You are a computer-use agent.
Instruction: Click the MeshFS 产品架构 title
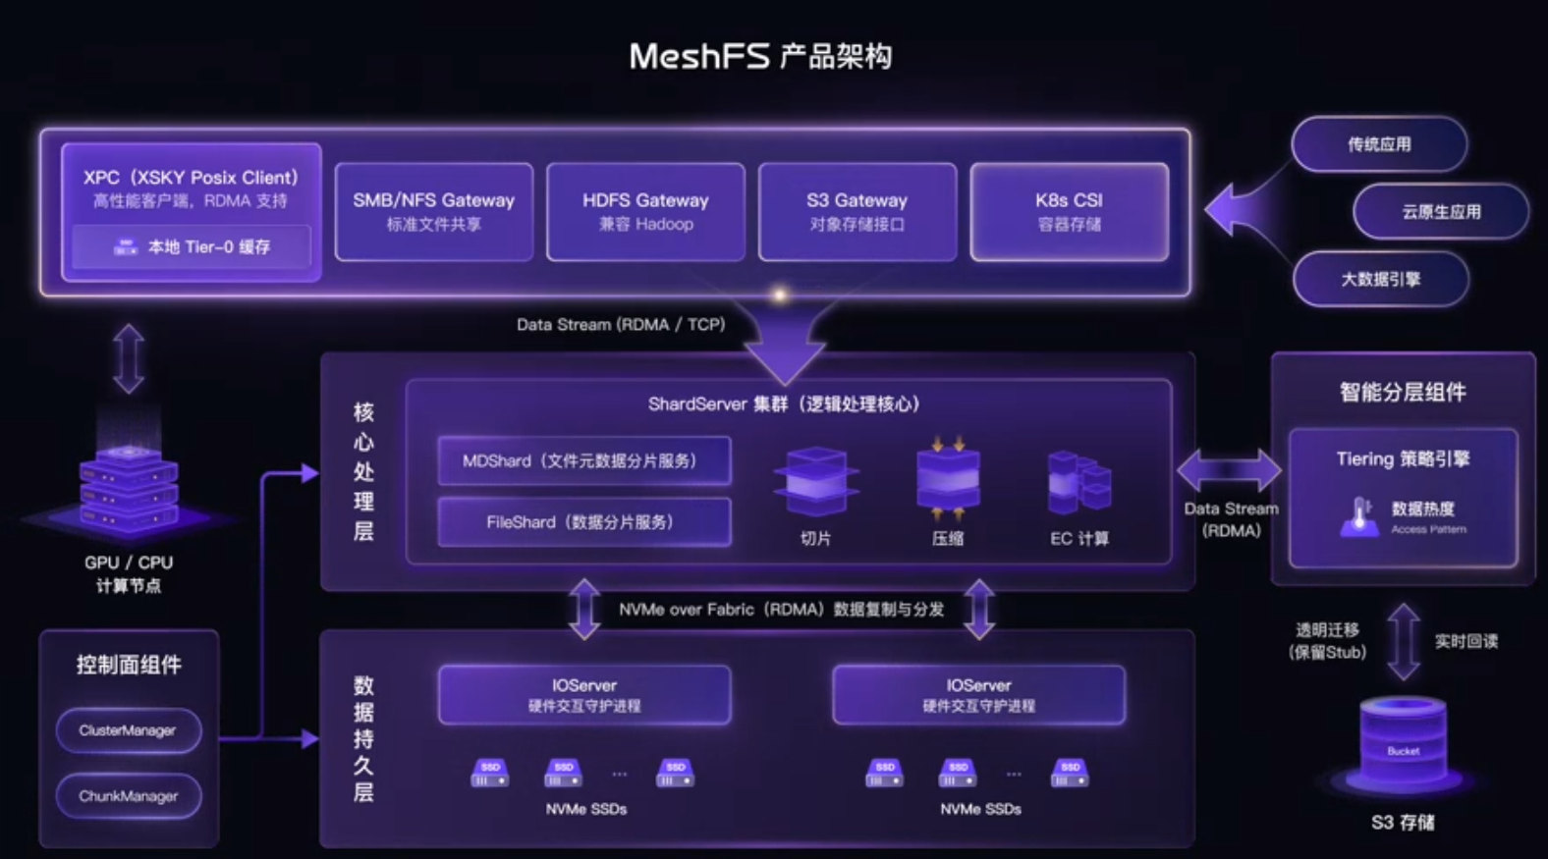(760, 56)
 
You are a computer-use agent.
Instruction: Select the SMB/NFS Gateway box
(433, 211)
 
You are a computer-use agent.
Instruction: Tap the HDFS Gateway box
(645, 211)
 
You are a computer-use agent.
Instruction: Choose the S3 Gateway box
(857, 211)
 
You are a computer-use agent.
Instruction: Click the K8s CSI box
(1069, 211)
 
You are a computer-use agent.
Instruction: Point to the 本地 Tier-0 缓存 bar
(192, 246)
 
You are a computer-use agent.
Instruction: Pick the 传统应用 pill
(1379, 144)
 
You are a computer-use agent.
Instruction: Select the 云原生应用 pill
(1440, 211)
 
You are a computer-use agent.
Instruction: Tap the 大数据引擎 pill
(1380, 279)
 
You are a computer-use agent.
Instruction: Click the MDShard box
(583, 460)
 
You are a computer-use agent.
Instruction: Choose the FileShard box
(583, 522)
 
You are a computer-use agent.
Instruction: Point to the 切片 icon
(815, 481)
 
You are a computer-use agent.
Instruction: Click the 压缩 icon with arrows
(947, 478)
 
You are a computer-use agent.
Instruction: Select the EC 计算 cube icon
(1078, 481)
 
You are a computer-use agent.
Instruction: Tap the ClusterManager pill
(128, 730)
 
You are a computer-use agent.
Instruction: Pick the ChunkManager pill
(128, 796)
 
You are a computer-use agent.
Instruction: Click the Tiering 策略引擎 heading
(1403, 458)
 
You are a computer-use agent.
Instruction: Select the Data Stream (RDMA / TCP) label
(621, 324)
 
